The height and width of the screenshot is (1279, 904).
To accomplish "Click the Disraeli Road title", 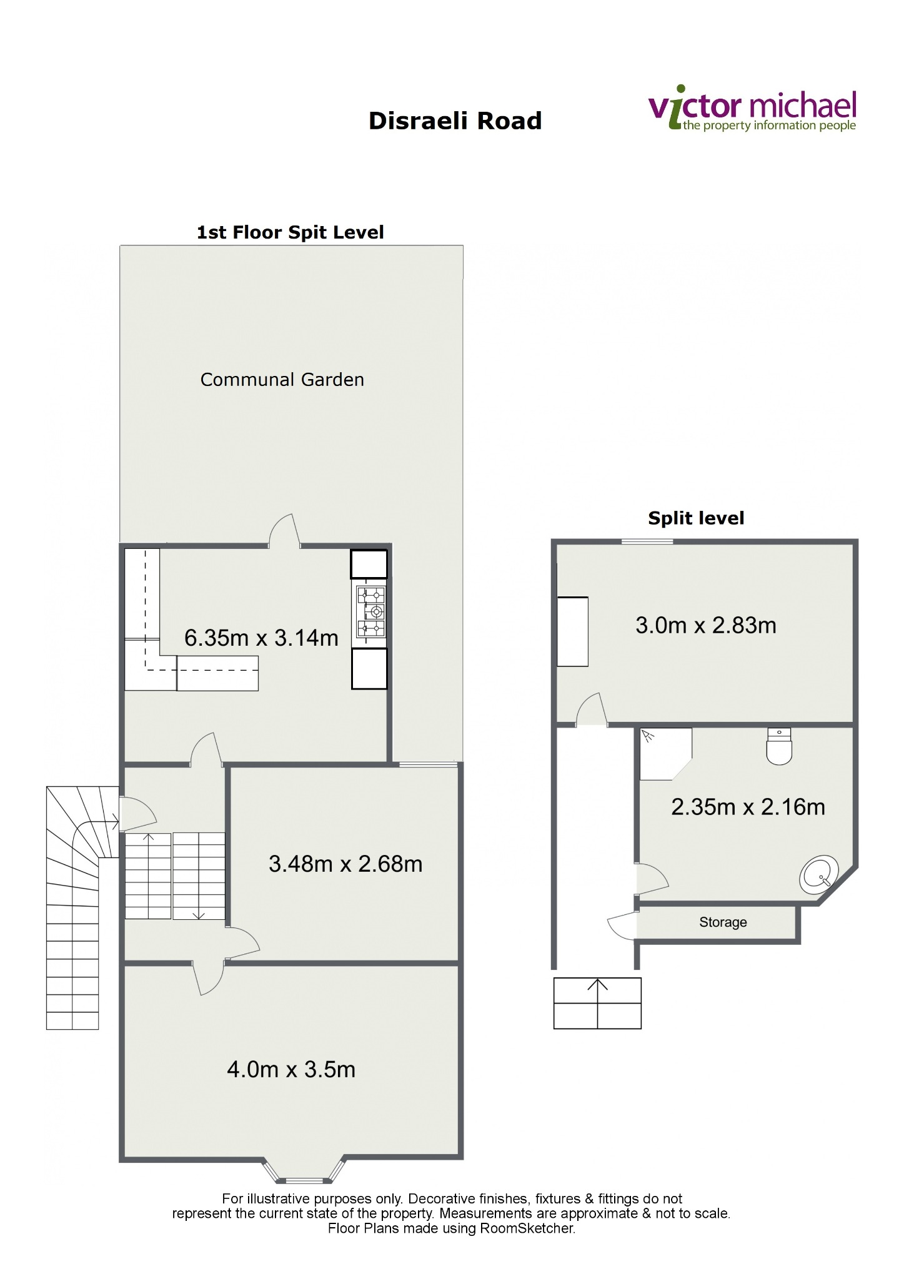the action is coord(455,121).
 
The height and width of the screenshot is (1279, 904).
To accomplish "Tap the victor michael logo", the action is coord(752,109).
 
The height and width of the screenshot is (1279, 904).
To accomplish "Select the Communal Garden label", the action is coord(282,380).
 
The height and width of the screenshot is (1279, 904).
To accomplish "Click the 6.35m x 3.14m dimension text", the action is coord(261,638).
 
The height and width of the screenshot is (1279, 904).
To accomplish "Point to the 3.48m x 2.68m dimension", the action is coord(345,864).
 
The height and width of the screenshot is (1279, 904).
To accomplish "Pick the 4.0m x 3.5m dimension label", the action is coord(291,1069).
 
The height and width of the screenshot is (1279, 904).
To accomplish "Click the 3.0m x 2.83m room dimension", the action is coord(706,625).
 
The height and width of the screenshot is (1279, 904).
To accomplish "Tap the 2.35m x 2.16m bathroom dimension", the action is coord(748,807).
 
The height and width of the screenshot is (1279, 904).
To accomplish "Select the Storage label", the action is coord(723,922).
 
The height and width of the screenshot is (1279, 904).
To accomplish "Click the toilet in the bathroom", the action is coord(779,746).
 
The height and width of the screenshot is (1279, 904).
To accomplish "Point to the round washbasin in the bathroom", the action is coord(819,875).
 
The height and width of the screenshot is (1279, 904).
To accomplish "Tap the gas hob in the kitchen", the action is coord(371,611).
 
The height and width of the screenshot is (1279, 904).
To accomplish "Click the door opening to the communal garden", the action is coord(284,531).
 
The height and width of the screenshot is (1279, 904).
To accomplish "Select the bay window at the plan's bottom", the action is coord(304,1170).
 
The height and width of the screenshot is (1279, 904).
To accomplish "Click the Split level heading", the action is coord(696,518).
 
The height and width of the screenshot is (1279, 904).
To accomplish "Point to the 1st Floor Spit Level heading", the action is coord(290,232).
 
